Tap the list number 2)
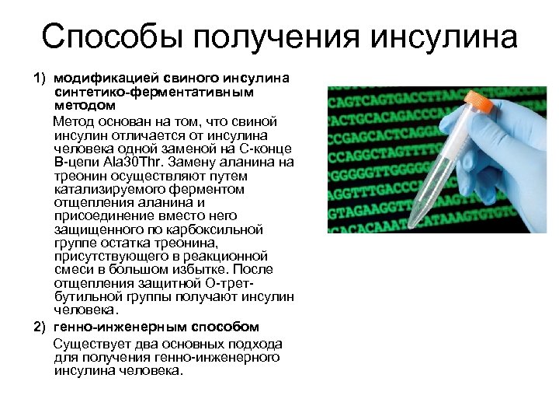pyautogui.click(x=40, y=326)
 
